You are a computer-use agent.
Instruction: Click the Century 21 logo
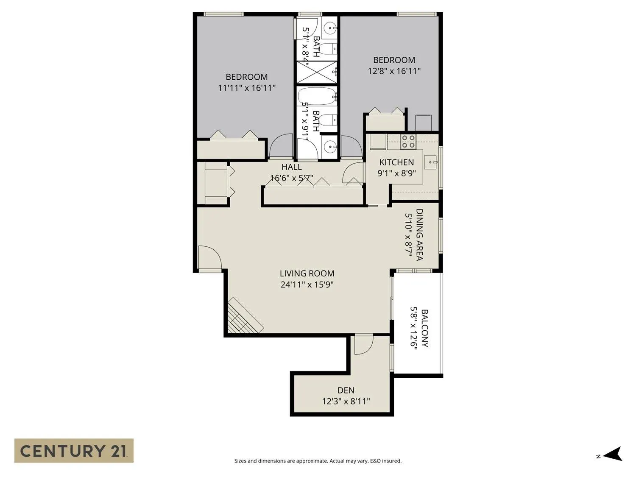tap(74, 450)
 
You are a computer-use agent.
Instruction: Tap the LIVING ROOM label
tap(307, 273)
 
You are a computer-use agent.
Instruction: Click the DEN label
tap(346, 391)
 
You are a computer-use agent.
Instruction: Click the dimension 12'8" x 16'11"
tap(394, 71)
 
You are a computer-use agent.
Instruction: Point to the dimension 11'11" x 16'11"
tap(247, 88)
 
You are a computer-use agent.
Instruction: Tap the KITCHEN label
tap(396, 162)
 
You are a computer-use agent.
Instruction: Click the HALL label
tap(292, 167)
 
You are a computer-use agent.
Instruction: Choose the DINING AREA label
tap(419, 234)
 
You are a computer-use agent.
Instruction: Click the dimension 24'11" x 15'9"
tap(307, 285)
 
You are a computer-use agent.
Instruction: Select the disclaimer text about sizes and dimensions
tap(318, 461)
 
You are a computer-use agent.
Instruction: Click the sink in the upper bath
tap(329, 28)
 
